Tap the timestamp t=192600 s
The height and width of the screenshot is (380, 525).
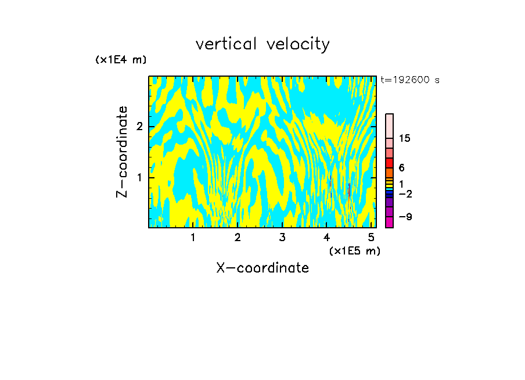tap(410, 80)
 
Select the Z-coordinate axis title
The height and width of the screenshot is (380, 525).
tap(122, 152)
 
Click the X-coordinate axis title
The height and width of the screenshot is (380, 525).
tap(262, 268)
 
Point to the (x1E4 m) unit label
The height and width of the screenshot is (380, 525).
tap(121, 60)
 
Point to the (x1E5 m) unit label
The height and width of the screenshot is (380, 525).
tap(354, 250)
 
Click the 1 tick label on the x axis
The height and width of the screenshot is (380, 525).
tap(193, 237)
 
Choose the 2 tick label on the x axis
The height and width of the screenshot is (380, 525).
tap(238, 237)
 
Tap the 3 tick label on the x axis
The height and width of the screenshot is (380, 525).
tap(282, 237)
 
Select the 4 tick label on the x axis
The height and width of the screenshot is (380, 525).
tap(327, 237)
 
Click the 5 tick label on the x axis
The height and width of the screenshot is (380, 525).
tap(371, 237)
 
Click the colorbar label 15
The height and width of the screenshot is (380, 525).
tap(405, 138)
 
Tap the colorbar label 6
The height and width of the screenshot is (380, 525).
tap(401, 167)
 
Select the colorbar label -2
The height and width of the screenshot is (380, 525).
tap(405, 193)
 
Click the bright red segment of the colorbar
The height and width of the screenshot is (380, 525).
tap(389, 163)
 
